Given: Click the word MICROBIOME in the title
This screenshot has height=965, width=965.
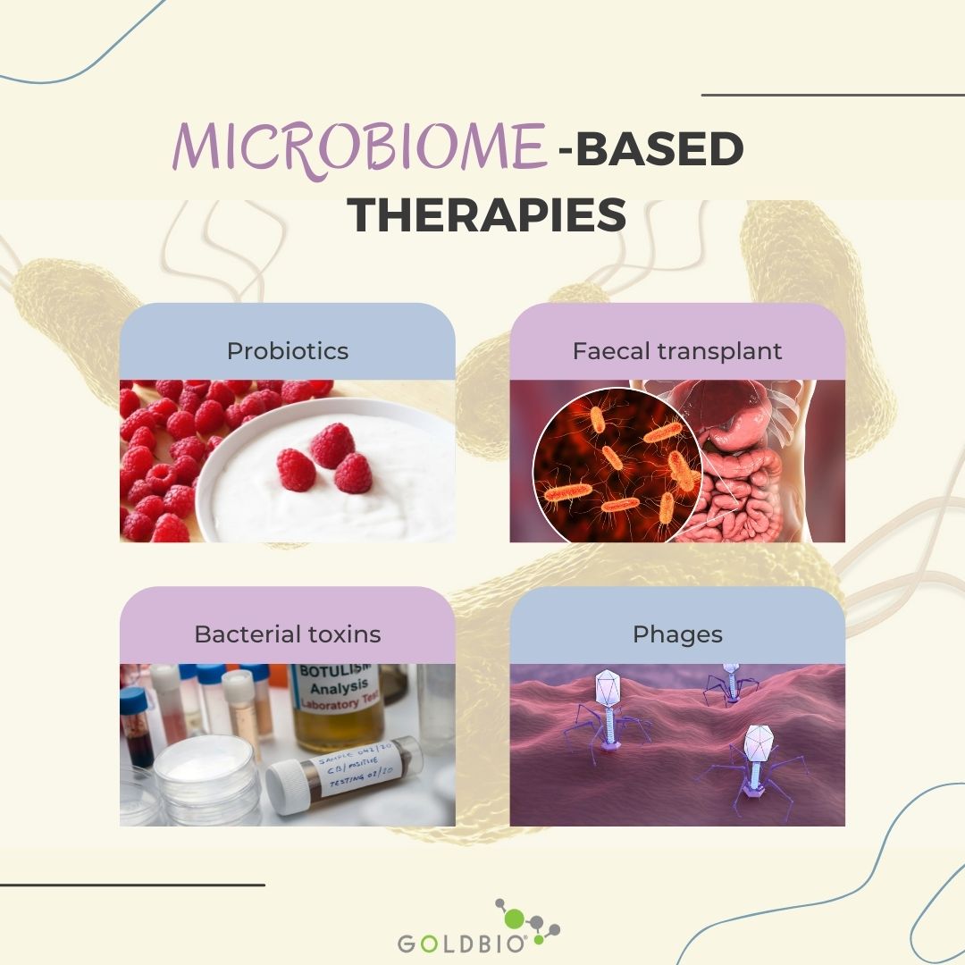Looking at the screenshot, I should pyautogui.click(x=357, y=147).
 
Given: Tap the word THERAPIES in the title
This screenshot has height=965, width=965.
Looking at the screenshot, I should pyautogui.click(x=486, y=215).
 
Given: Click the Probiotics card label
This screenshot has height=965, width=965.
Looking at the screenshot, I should pyautogui.click(x=288, y=350).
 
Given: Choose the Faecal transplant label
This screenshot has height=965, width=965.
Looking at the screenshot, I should pyautogui.click(x=677, y=350).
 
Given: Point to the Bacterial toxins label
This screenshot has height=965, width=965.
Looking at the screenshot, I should pyautogui.click(x=288, y=634).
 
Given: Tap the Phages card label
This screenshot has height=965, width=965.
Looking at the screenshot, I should pyautogui.click(x=677, y=634).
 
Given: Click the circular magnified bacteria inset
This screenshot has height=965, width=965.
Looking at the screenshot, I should pyautogui.click(x=617, y=465).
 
